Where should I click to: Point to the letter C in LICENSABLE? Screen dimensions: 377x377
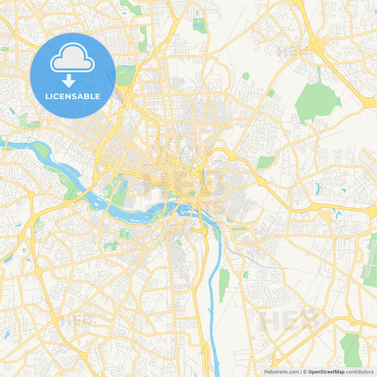(x=60, y=96)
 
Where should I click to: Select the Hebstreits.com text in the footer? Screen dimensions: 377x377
(x=282, y=371)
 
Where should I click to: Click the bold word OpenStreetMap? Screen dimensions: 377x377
(x=326, y=371)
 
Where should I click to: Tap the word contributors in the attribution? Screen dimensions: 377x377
(x=359, y=371)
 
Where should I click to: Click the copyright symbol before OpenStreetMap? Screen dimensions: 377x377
(x=304, y=371)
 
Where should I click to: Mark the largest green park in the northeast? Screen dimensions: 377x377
(x=316, y=100)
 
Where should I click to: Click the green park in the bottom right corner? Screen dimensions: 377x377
(x=350, y=348)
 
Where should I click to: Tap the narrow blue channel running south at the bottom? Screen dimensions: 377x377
(x=209, y=332)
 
